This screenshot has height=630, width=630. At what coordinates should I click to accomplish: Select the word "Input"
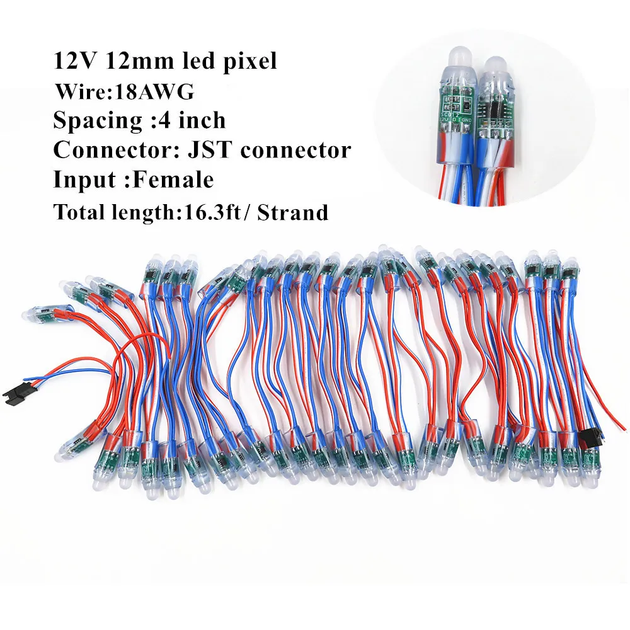[x=79, y=180]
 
